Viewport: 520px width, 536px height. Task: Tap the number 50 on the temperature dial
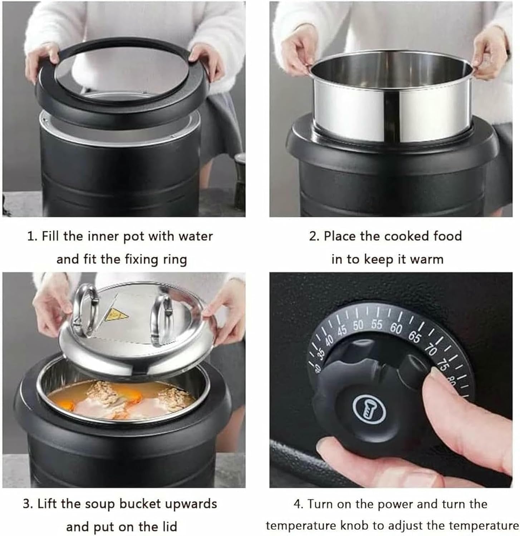click(x=358, y=326)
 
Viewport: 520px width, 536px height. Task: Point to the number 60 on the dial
click(x=396, y=328)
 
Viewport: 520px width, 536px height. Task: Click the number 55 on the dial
click(x=377, y=324)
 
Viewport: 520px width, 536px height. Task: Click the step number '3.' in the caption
click(x=28, y=504)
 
